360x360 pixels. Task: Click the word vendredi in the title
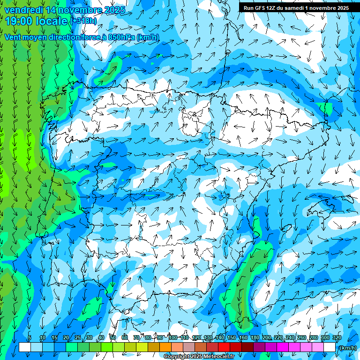tap(24, 10)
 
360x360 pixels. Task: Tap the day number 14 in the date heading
tap(52, 10)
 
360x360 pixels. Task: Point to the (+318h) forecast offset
tap(83, 21)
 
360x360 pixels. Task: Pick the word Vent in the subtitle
tap(13, 37)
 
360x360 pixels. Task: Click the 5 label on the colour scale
tap(30, 337)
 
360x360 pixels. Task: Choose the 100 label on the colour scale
tap(173, 337)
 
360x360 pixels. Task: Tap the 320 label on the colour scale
tap(337, 337)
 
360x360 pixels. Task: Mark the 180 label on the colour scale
tap(255, 337)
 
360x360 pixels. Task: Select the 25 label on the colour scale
tap(77, 337)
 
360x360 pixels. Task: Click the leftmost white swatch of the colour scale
tap(25, 347)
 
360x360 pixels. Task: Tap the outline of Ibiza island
tap(287, 227)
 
